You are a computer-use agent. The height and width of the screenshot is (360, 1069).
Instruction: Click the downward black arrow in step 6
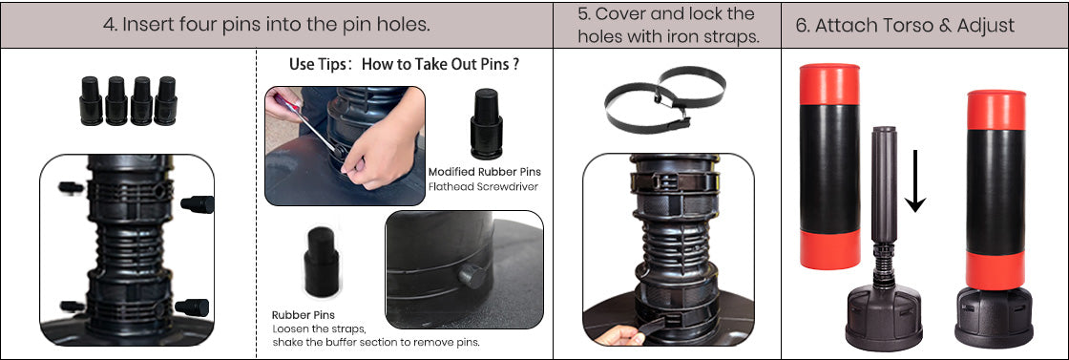click(915, 180)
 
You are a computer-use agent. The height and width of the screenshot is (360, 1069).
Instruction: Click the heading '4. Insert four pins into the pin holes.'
click(266, 25)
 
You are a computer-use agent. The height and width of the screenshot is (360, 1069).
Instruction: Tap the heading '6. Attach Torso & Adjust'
click(905, 26)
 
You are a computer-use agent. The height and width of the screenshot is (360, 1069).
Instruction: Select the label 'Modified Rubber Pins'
click(484, 172)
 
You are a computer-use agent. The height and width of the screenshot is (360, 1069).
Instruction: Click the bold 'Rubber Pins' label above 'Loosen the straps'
click(304, 315)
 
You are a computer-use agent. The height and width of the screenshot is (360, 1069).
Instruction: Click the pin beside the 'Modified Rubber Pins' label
click(486, 123)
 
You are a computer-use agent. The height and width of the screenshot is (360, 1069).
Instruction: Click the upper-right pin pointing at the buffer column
click(197, 203)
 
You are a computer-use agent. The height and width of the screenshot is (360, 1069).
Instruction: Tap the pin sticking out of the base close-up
click(472, 275)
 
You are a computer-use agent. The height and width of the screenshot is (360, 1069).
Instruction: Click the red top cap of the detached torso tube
click(829, 84)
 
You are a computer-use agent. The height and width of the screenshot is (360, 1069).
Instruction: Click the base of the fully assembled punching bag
click(994, 318)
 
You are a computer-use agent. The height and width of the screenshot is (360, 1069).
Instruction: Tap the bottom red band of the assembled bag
click(995, 270)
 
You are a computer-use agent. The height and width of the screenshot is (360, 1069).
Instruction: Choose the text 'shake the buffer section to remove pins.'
click(376, 342)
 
